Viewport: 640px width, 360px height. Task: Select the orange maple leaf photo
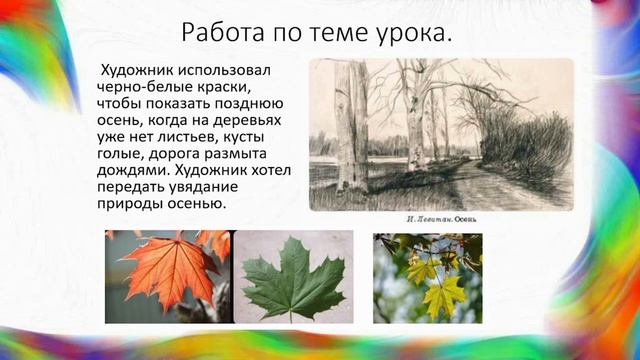[167, 276]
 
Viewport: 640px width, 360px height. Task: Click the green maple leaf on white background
[293, 276]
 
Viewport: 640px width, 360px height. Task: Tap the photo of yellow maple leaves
[427, 277]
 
